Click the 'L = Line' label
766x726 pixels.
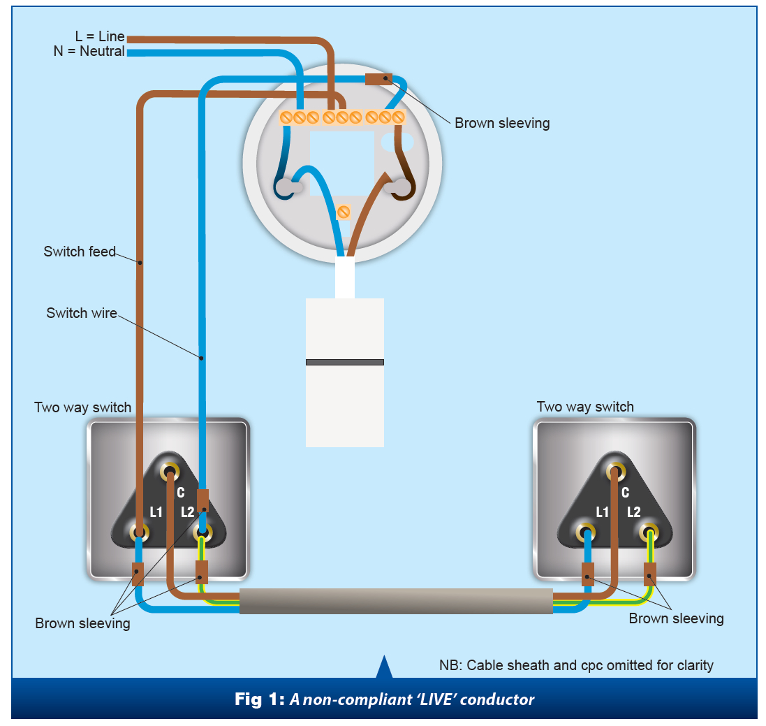100,36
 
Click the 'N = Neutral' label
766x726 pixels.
89,51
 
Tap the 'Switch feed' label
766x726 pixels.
80,252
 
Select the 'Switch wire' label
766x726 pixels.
82,313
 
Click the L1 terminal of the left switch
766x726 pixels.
139,534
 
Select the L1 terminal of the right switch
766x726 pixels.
586,534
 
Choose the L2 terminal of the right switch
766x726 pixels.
649,534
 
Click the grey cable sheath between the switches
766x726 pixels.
396,601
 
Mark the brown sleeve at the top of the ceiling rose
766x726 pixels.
378,79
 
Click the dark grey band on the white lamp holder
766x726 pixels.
345,362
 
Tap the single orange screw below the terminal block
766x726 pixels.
344,212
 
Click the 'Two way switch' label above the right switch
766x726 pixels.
585,407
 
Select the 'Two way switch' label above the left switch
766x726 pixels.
82,407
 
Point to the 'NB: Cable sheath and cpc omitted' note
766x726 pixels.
576,665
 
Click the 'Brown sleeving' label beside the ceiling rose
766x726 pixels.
502,124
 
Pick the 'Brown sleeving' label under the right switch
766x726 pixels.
676,618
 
